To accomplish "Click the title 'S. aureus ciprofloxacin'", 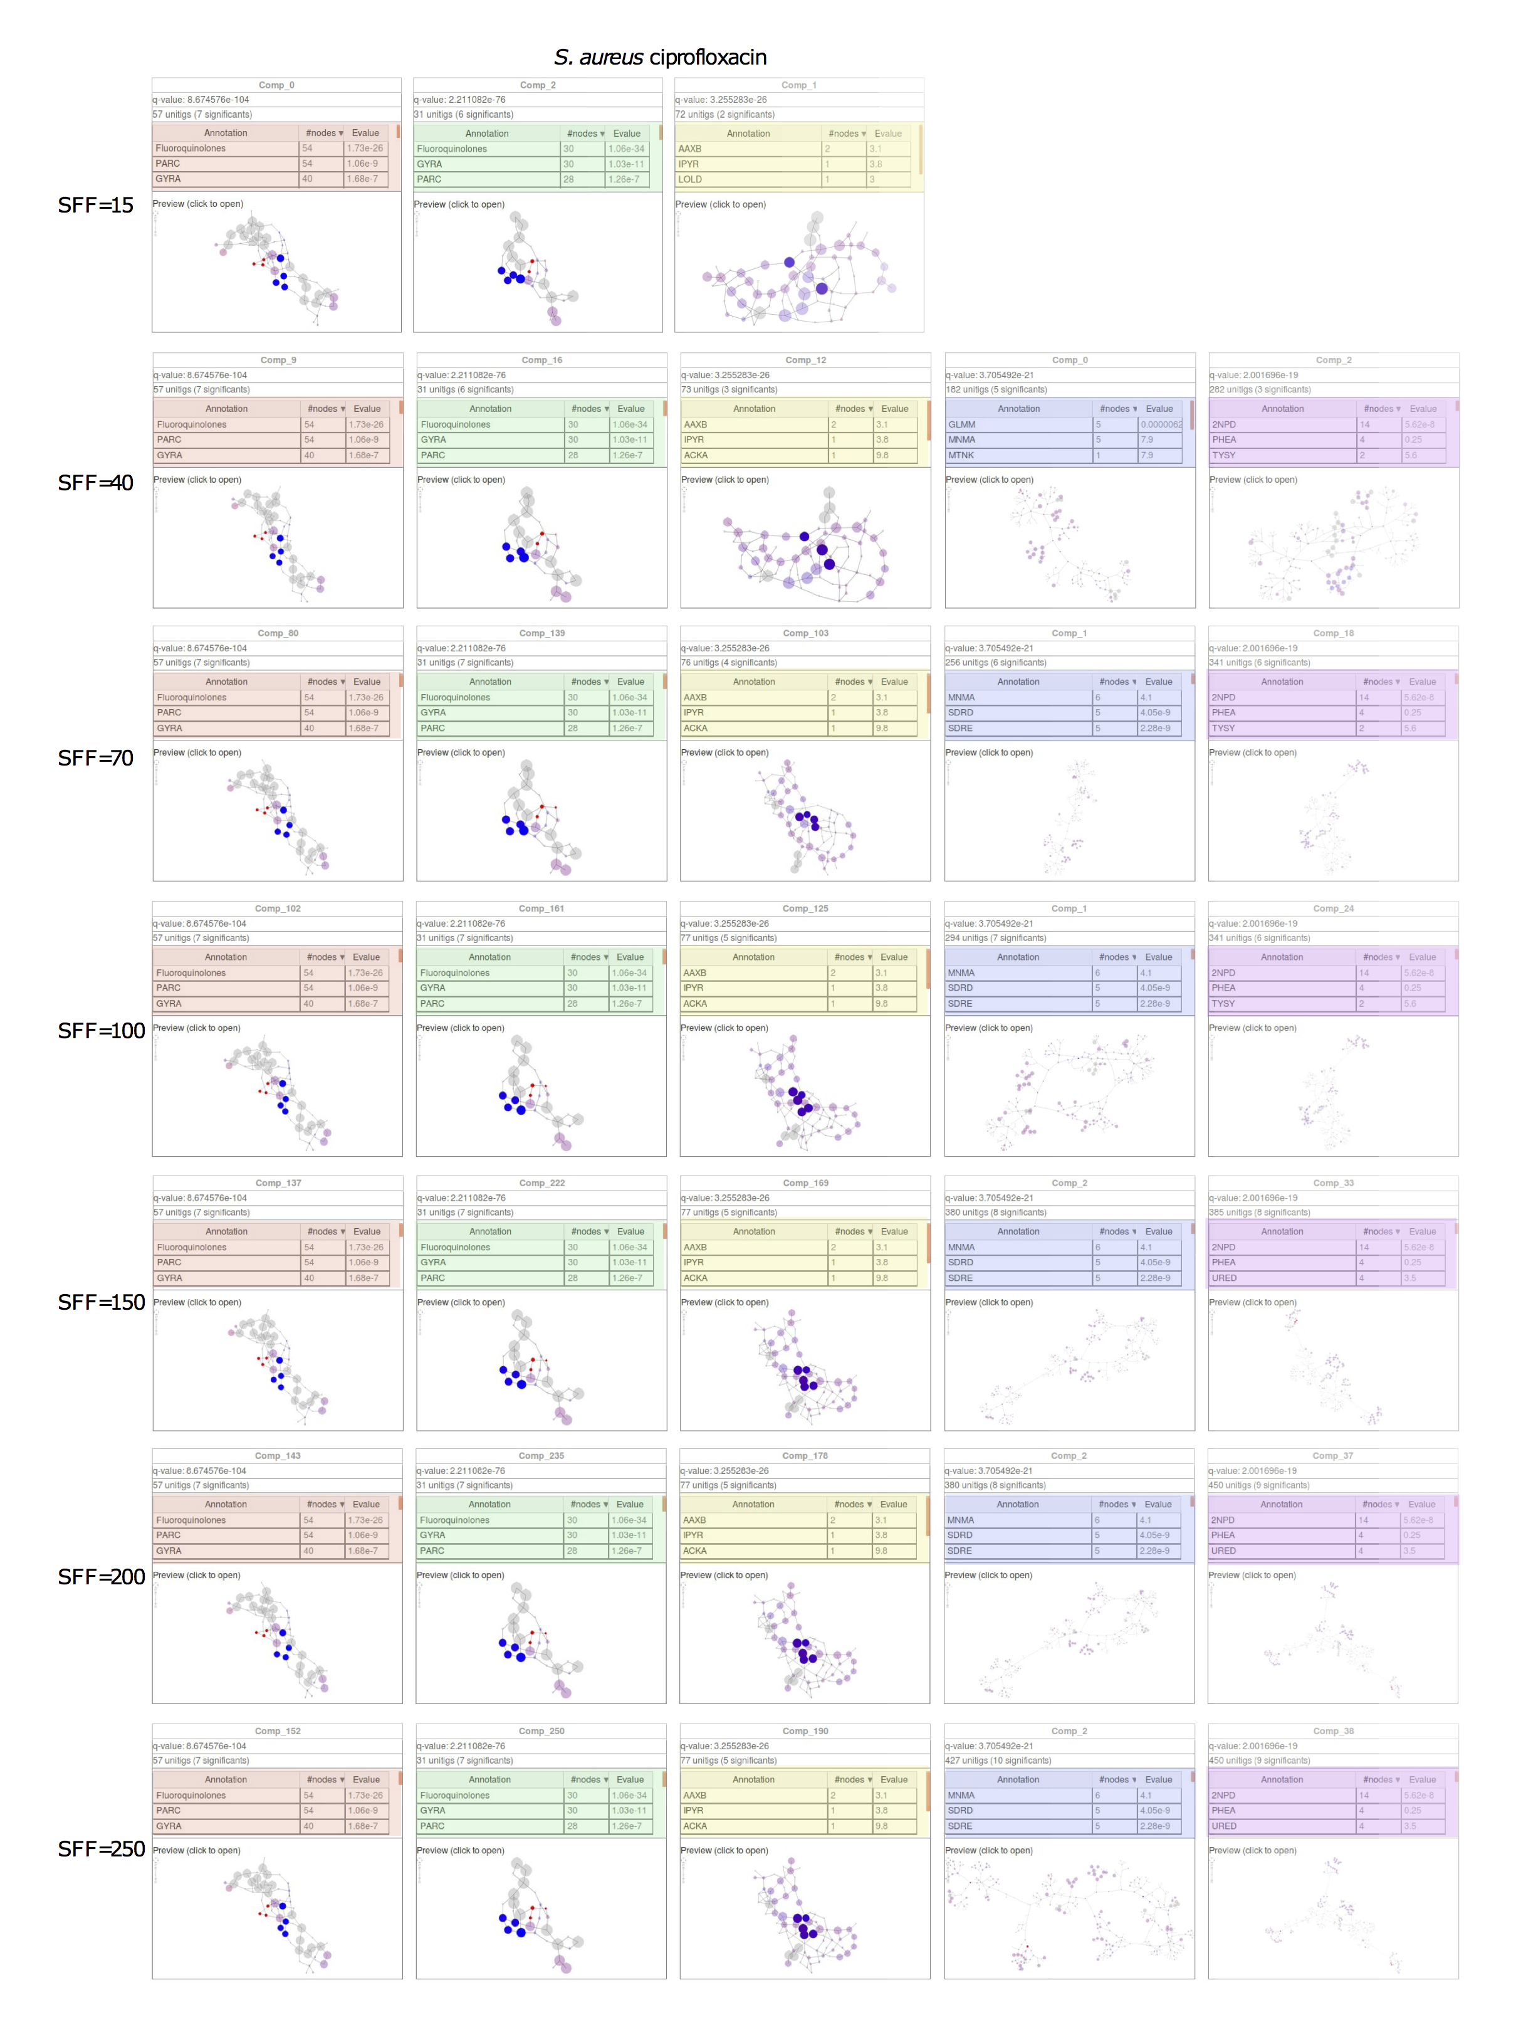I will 660,58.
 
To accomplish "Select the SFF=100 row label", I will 101,1031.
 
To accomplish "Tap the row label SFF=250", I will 101,1848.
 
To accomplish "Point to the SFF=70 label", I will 95,758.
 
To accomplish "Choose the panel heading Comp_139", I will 541,633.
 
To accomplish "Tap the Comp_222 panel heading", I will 541,1183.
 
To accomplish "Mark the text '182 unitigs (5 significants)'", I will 996,389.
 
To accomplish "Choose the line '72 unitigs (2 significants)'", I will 725,115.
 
